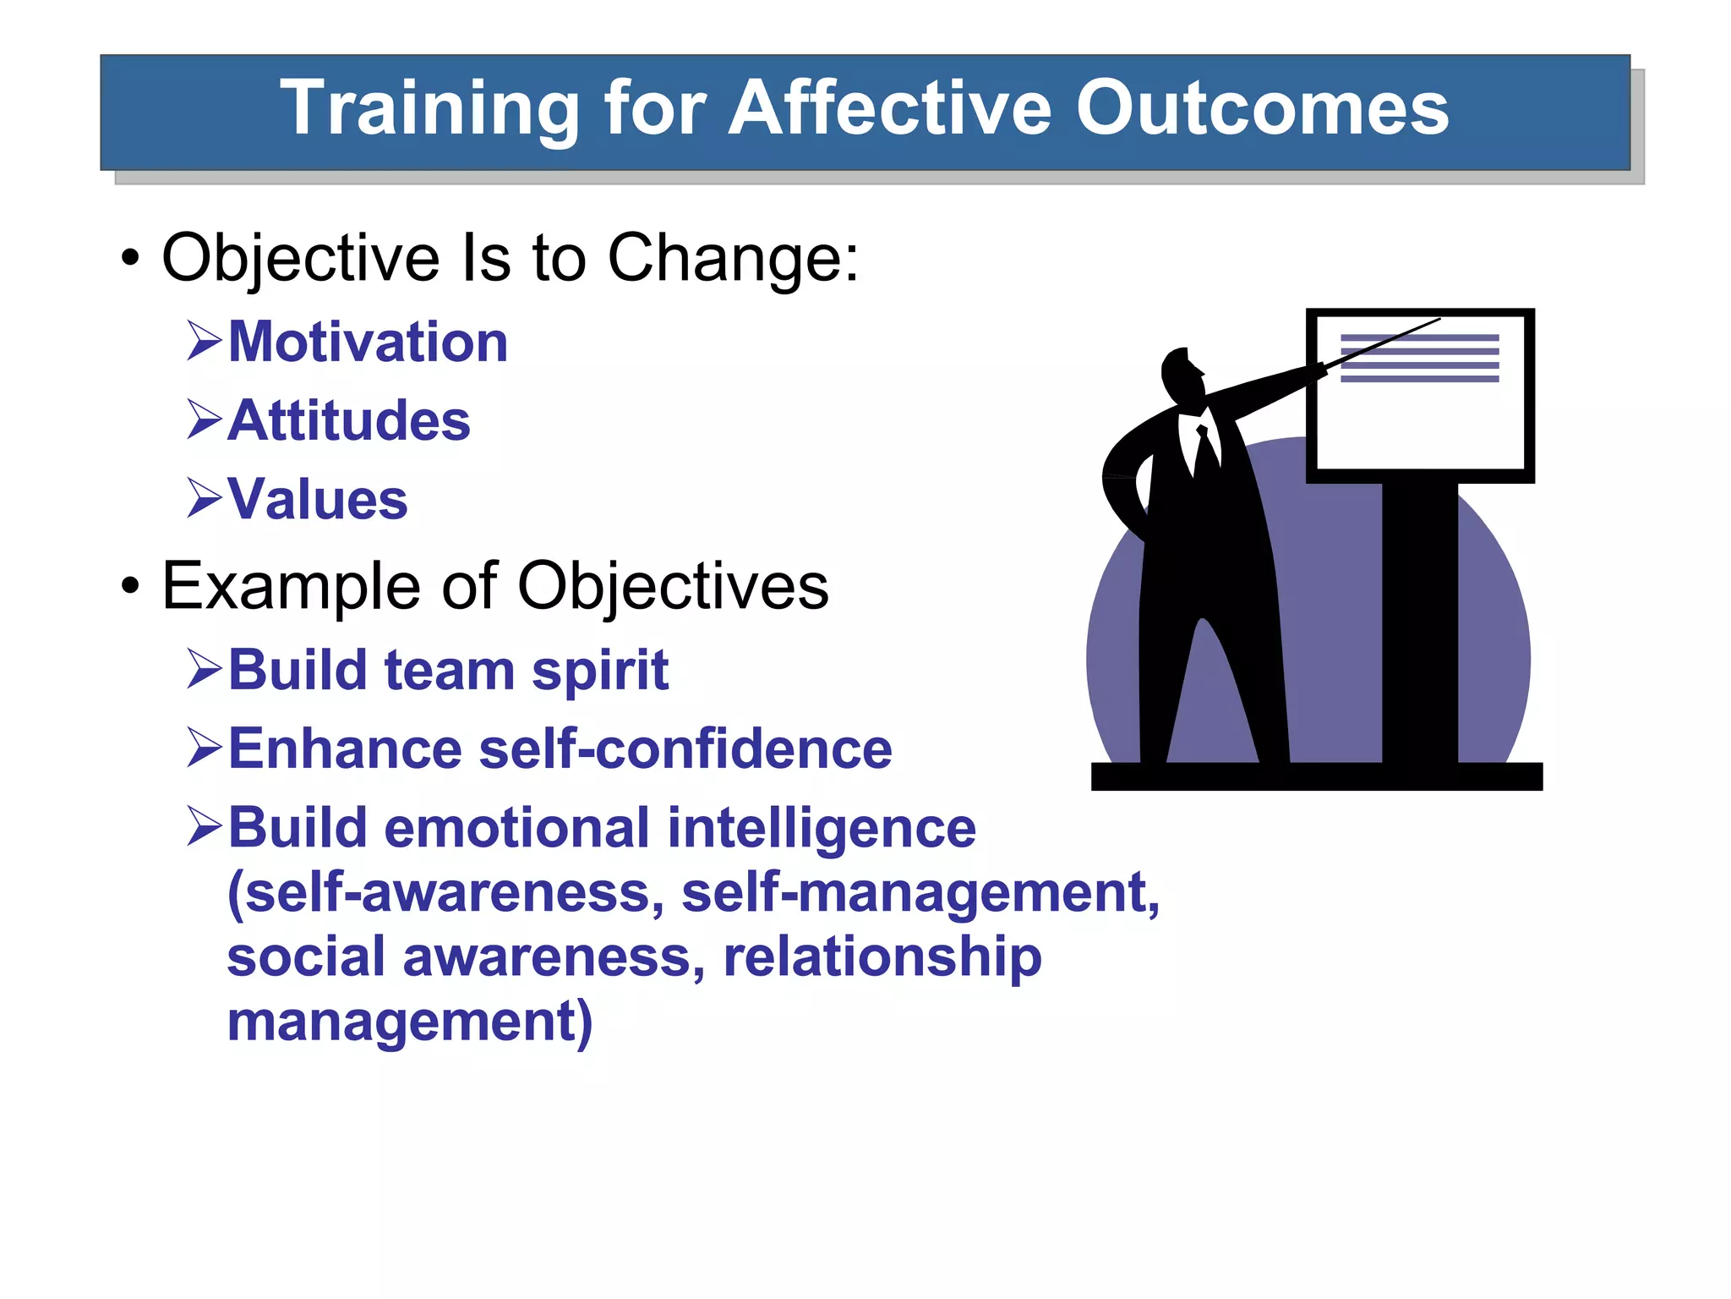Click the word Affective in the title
pyautogui.click(x=890, y=108)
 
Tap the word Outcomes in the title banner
pyautogui.click(x=1262, y=108)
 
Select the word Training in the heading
pyautogui.click(x=429, y=108)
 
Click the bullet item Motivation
pyautogui.click(x=368, y=343)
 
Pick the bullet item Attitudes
pyautogui.click(x=348, y=421)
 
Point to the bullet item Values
pyautogui.click(x=317, y=500)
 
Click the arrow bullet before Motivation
pyautogui.click(x=204, y=343)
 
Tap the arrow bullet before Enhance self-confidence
pyautogui.click(x=204, y=748)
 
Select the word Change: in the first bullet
pyautogui.click(x=733, y=258)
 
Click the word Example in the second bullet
pyautogui.click(x=291, y=586)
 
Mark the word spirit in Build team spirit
pyautogui.click(x=599, y=671)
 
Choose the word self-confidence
pyautogui.click(x=685, y=749)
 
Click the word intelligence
pyautogui.click(x=822, y=829)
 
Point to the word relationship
pyautogui.click(x=882, y=958)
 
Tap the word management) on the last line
pyautogui.click(x=410, y=1022)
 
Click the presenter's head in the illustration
pyautogui.click(x=1180, y=376)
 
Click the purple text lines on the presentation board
pyautogui.click(x=1419, y=359)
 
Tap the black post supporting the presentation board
pyautogui.click(x=1419, y=622)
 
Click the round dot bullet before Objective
pyautogui.click(x=129, y=258)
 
